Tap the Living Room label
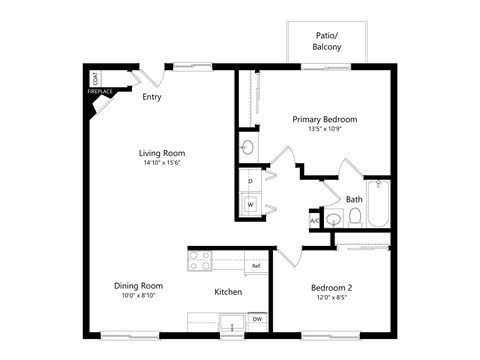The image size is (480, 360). [162, 153]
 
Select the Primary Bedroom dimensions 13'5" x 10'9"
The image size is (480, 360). [325, 130]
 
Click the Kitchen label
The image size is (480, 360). [228, 292]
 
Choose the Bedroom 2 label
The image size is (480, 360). [331, 287]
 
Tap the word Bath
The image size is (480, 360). [354, 199]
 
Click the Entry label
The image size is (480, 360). [152, 97]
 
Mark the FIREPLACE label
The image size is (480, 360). [99, 92]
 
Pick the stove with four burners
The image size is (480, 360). [200, 261]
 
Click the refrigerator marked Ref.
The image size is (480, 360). [256, 266]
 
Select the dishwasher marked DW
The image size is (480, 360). [257, 319]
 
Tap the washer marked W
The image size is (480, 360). [251, 204]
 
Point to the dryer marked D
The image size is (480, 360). [250, 182]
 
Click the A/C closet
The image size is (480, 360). [314, 221]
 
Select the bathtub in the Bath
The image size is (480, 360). [380, 203]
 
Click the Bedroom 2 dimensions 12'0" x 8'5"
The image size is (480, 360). [331, 297]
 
